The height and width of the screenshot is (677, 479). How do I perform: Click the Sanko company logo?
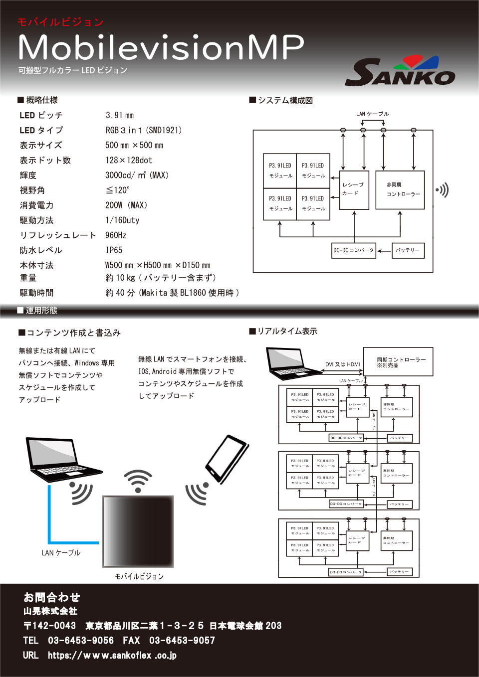point(400,72)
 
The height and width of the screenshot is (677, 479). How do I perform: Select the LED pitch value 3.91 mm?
point(120,115)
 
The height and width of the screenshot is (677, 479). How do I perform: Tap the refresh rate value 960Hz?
point(116,235)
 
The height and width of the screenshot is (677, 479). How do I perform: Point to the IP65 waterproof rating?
point(114,250)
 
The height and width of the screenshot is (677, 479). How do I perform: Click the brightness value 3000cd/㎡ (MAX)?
point(137,175)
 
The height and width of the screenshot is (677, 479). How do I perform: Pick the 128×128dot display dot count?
point(129,161)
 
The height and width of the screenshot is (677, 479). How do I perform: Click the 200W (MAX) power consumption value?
point(126,205)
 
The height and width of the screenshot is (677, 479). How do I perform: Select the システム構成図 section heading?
point(281,100)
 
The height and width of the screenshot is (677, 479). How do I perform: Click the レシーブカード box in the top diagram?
point(354,189)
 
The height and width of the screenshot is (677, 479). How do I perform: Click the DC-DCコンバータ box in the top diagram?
point(354,250)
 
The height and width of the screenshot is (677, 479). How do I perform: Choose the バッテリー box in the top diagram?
point(408,250)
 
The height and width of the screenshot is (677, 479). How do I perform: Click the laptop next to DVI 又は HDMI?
point(292,363)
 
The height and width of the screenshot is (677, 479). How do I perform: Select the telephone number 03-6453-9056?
point(81,641)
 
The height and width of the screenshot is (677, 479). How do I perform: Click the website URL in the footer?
point(112,656)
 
